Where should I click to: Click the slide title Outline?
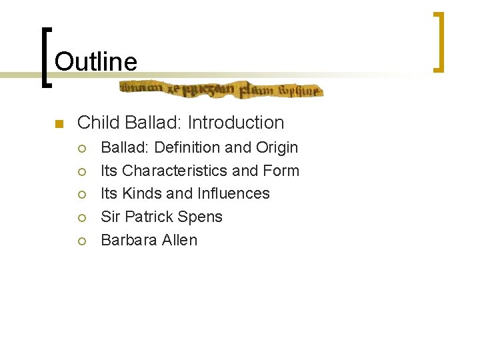click(96, 62)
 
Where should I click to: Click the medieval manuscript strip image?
click(221, 89)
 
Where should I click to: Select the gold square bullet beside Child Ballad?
click(59, 124)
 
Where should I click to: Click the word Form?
click(281, 171)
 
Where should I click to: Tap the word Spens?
click(203, 217)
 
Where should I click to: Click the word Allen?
click(179, 240)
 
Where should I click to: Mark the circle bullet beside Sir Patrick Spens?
click(82, 217)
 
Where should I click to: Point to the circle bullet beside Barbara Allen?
click(82, 241)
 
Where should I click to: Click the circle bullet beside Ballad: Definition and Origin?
click(82, 148)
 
